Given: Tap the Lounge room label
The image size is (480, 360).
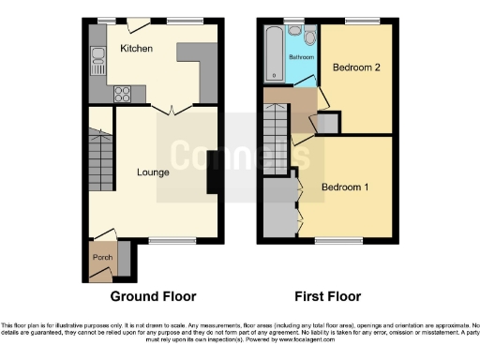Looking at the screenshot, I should pyautogui.click(x=153, y=172).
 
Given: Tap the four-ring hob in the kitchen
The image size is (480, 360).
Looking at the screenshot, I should pyautogui.click(x=122, y=93).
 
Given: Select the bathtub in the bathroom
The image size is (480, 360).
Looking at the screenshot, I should pyautogui.click(x=275, y=54).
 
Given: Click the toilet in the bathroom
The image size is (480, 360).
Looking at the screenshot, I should pyautogui.click(x=309, y=38).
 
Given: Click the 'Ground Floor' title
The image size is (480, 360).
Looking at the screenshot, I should pyautogui.click(x=154, y=296).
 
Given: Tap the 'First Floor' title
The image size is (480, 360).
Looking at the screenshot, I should pyautogui.click(x=327, y=296).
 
